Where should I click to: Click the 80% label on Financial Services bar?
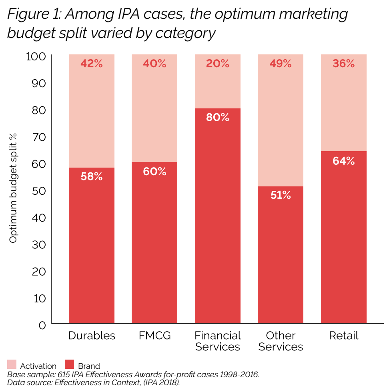(x=217, y=117)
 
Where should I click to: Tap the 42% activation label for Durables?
(x=92, y=64)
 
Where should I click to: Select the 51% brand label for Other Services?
(x=281, y=195)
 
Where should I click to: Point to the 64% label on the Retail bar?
(x=343, y=161)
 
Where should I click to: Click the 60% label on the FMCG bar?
(x=154, y=172)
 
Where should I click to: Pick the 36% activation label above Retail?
(x=343, y=64)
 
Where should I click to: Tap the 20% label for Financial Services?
(x=217, y=64)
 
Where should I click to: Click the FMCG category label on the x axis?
(x=154, y=336)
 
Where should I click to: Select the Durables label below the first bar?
(x=92, y=336)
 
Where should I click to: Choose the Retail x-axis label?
(x=344, y=336)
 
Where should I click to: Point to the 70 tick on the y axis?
(x=39, y=137)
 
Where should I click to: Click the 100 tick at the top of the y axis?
(x=36, y=56)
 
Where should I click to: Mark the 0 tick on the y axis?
(x=42, y=325)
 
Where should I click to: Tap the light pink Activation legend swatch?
(x=12, y=364)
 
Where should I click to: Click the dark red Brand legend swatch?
(x=69, y=364)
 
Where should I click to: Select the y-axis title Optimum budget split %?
(x=13, y=188)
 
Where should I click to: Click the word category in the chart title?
(x=185, y=33)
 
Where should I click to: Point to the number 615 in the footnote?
(x=63, y=374)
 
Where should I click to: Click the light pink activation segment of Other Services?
(x=281, y=120)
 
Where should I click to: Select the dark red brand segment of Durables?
(x=92, y=245)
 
